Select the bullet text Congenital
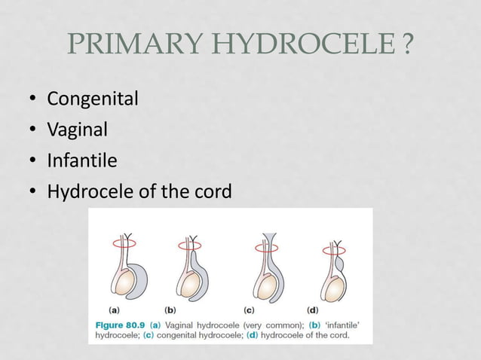(x=92, y=99)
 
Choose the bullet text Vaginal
(x=77, y=130)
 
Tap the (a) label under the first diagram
(x=114, y=309)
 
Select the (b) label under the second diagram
(x=171, y=309)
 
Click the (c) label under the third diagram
(x=249, y=309)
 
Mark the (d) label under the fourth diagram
(x=312, y=309)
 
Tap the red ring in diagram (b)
(x=190, y=245)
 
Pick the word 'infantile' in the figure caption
(x=342, y=324)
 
